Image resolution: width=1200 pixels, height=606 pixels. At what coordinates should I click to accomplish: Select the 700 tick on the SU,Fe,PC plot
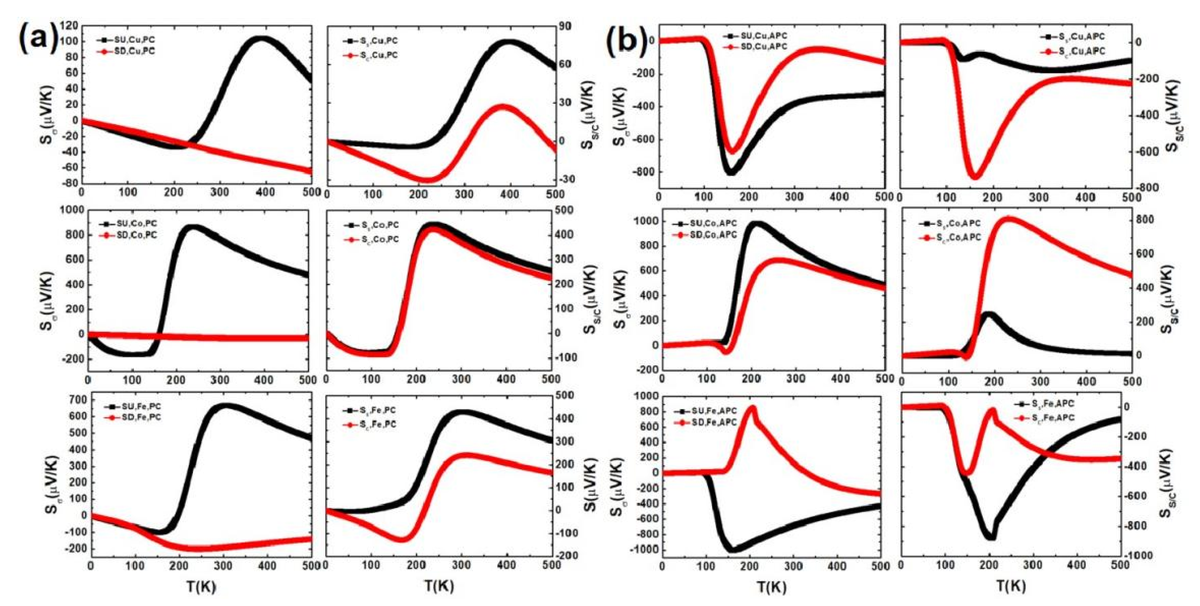[76, 400]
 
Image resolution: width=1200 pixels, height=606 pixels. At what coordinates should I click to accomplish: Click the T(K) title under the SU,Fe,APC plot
[772, 587]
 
